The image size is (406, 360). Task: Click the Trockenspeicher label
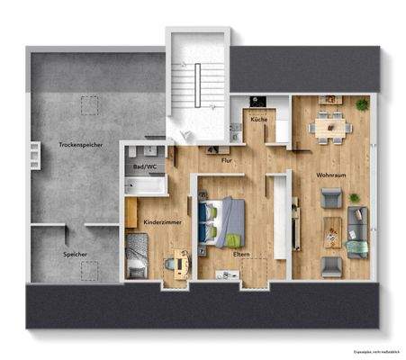(x=78, y=144)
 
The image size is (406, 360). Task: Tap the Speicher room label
(x=76, y=255)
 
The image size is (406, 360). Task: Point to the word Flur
(x=227, y=160)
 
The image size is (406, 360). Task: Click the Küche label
(x=258, y=120)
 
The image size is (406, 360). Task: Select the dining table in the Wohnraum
(x=329, y=128)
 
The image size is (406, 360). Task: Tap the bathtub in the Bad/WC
(x=146, y=186)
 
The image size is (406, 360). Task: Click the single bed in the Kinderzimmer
(x=138, y=255)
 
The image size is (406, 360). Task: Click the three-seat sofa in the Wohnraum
(x=356, y=229)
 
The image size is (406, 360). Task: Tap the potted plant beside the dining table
(x=362, y=105)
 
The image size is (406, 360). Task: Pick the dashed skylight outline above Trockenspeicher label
(x=88, y=106)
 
